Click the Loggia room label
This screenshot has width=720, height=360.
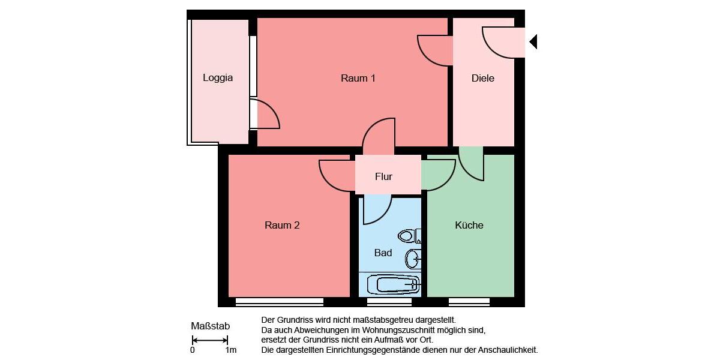[218, 78]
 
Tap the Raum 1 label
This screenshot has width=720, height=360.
[358, 78]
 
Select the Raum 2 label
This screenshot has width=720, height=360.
[282, 226]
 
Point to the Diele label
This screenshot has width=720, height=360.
[483, 78]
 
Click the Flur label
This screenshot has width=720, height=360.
[383, 176]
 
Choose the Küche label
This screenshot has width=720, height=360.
[469, 226]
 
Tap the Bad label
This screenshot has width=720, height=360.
[383, 253]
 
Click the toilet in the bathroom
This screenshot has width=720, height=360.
[410, 236]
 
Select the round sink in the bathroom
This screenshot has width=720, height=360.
[413, 259]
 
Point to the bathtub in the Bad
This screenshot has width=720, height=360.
[393, 284]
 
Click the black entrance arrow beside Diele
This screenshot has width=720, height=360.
[533, 42]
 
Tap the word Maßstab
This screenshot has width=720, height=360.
[210, 326]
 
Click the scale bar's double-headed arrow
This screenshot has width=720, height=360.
[209, 340]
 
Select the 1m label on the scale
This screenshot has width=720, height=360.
[230, 350]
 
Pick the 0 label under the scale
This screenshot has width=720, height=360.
[193, 350]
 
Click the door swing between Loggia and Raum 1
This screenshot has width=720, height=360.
[265, 115]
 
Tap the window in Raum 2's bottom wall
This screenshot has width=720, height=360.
[280, 302]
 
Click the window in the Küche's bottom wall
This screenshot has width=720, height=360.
[469, 302]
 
